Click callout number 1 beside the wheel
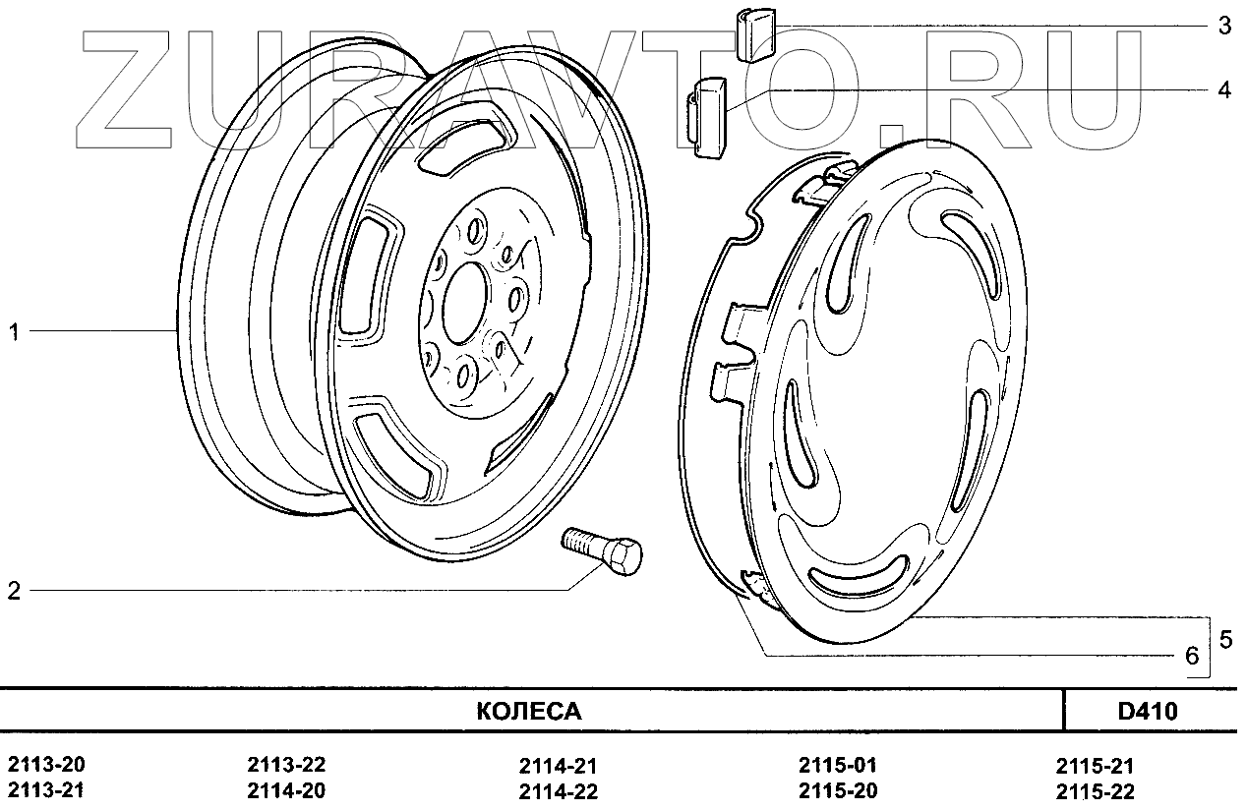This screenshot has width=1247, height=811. point(15,333)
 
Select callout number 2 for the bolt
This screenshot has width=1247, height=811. point(15,591)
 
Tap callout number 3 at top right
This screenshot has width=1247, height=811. point(1223,27)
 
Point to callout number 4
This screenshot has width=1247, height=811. point(1223,90)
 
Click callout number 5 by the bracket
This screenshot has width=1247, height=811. point(1225,639)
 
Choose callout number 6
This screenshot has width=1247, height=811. point(1192,657)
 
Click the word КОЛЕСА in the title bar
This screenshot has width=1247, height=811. point(529,711)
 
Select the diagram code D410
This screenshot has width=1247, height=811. point(1148,711)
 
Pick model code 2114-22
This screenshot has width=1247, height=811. point(558,791)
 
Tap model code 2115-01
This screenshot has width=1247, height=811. point(838,766)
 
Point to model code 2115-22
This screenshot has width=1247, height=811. point(1096,791)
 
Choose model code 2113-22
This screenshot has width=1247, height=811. point(286,766)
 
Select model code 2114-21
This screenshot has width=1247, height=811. point(558,766)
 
